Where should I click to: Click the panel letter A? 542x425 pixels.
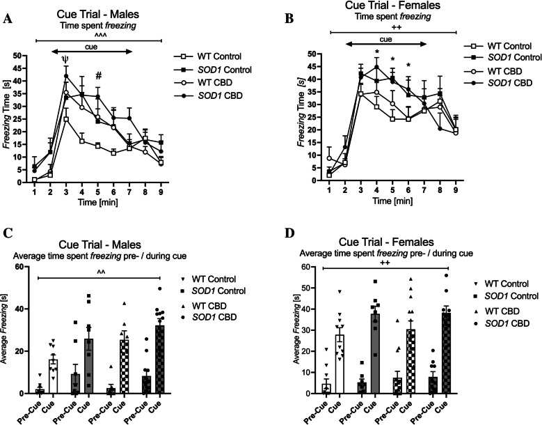[8, 20]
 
